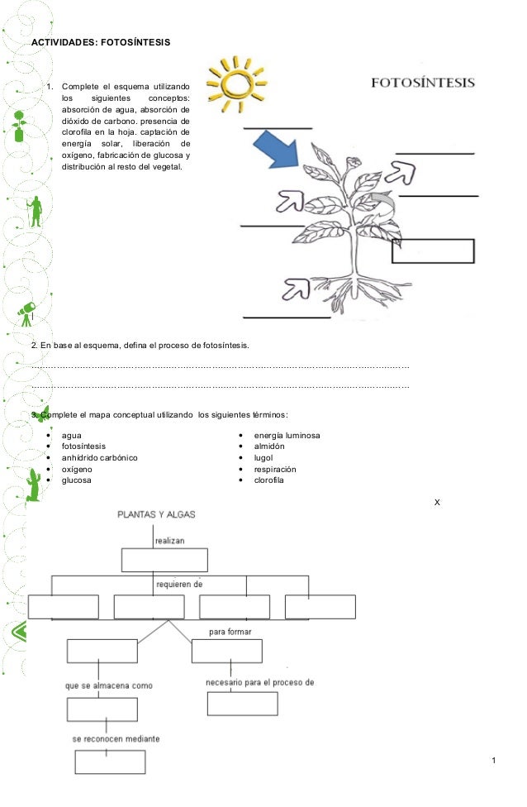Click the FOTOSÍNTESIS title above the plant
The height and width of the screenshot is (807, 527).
(421, 83)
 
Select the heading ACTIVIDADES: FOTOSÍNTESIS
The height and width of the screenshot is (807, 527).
(101, 41)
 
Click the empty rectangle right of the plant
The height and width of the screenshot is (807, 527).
(433, 251)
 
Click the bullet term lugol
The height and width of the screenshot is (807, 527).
(263, 457)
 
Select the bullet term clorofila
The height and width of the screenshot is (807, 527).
(268, 480)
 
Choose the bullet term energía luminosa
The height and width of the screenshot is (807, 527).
(287, 435)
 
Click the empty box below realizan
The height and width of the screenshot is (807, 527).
(157, 560)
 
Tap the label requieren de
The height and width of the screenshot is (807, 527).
(179, 584)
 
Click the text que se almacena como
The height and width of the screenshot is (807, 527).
(108, 685)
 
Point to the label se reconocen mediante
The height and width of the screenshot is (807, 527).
(116, 738)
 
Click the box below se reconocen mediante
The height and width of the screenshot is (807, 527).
(110, 762)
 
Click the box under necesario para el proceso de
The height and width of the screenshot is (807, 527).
(244, 704)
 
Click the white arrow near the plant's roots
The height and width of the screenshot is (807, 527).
(296, 289)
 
